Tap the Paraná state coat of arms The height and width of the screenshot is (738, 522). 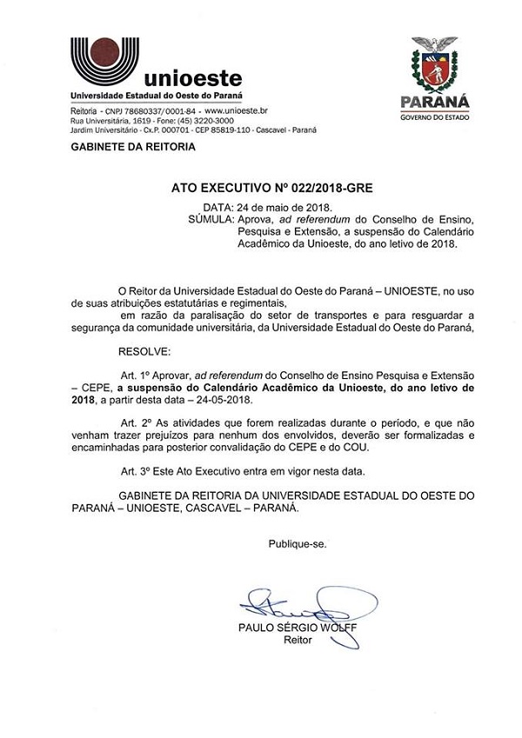pyautogui.click(x=433, y=65)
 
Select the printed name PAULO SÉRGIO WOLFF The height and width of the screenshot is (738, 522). pyautogui.click(x=297, y=628)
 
